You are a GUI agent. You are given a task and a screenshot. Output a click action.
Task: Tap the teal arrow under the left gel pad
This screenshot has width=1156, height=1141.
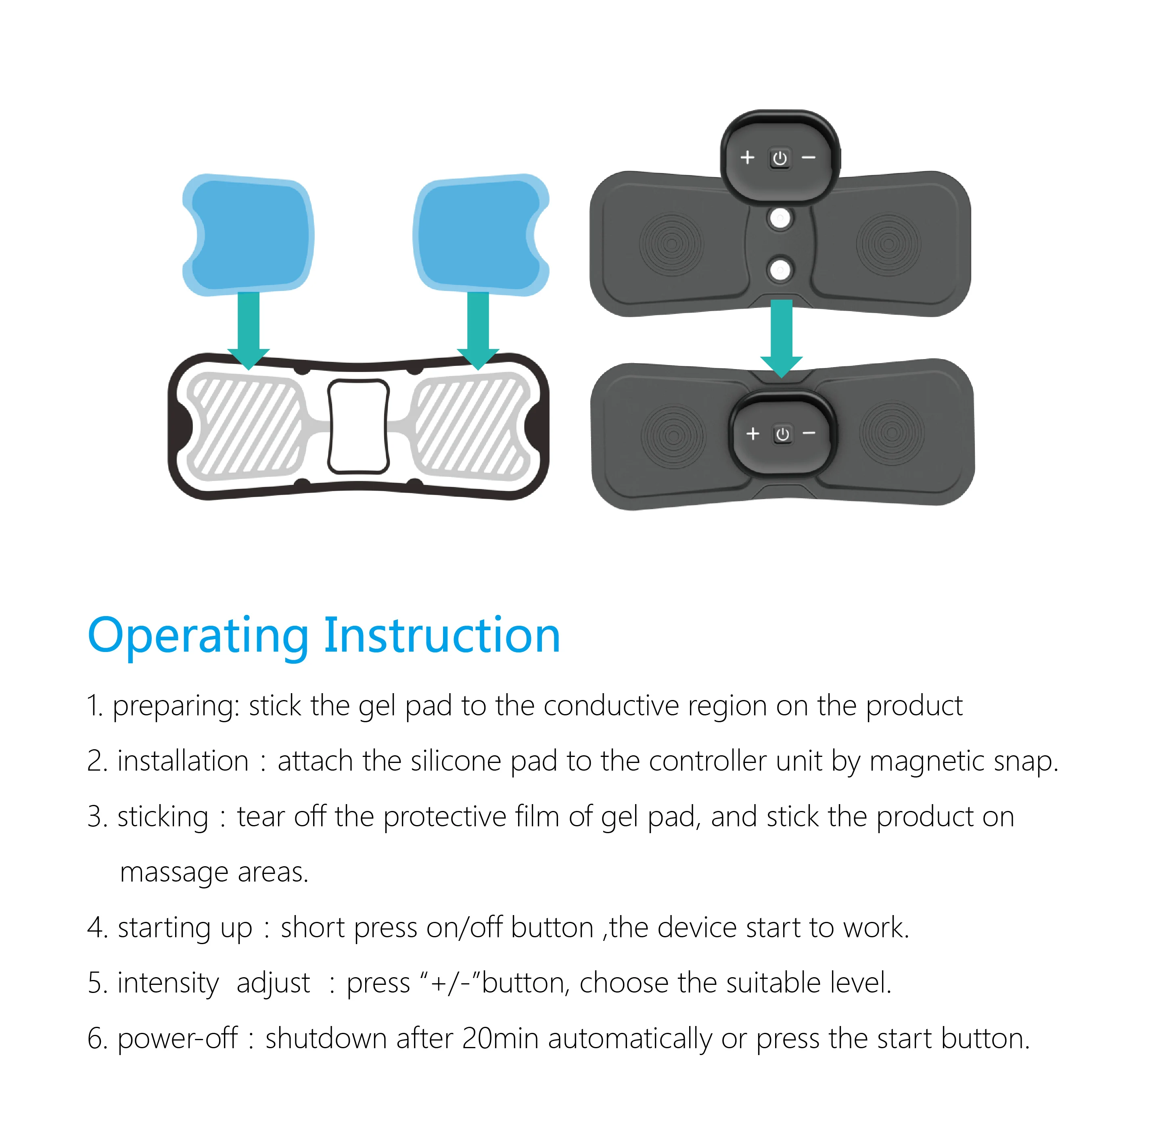tap(248, 329)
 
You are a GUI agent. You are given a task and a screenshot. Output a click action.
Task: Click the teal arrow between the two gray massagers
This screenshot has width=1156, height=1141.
tap(782, 338)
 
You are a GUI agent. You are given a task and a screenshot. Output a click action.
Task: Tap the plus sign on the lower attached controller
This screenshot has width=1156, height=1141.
tap(753, 433)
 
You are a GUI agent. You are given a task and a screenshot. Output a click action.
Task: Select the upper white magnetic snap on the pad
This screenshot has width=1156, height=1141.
tap(780, 218)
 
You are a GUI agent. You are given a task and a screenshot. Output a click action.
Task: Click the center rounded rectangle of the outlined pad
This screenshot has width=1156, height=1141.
tap(358, 426)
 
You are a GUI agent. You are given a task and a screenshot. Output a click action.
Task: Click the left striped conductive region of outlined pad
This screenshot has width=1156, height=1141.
tap(245, 426)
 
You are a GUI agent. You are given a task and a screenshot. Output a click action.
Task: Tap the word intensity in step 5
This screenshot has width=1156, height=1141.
tap(168, 983)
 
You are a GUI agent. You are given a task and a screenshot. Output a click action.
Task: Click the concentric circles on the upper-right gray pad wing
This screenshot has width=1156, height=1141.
tap(888, 244)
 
